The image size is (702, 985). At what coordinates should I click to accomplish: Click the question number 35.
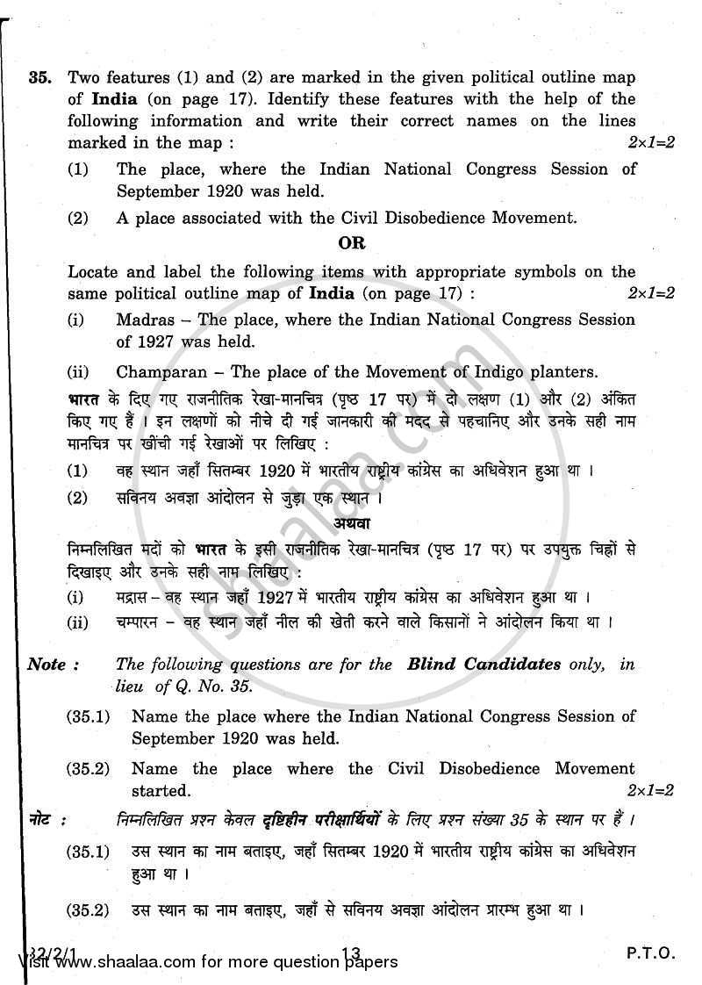point(39,76)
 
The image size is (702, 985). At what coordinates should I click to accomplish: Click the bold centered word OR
point(351,242)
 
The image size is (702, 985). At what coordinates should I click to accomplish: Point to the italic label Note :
point(53,665)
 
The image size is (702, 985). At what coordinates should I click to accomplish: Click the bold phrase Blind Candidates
point(484,665)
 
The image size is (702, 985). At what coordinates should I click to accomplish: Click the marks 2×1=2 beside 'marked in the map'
point(650,142)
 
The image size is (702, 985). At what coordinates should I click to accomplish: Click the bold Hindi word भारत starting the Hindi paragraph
point(84,399)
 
